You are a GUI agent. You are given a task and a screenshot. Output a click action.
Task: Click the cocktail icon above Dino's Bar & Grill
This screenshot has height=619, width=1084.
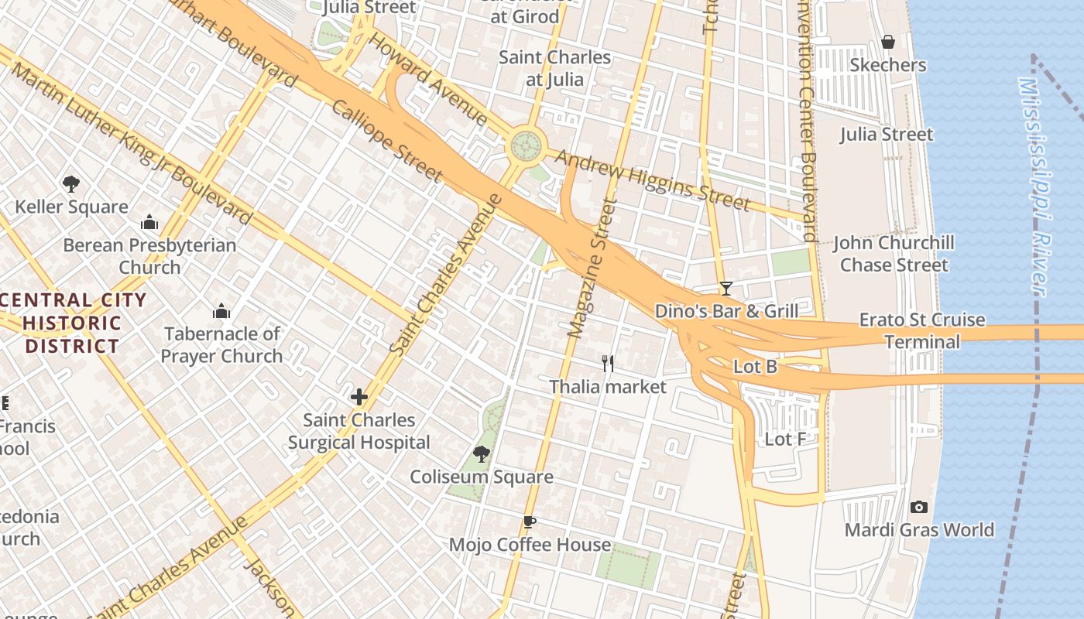pyautogui.click(x=726, y=289)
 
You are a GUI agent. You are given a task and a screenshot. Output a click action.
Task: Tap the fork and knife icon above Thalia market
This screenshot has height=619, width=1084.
pyautogui.click(x=608, y=364)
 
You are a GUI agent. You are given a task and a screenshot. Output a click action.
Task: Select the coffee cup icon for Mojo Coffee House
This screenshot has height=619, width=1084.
pyautogui.click(x=530, y=522)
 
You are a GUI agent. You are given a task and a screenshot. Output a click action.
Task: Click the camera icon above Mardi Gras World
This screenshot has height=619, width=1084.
pyautogui.click(x=919, y=508)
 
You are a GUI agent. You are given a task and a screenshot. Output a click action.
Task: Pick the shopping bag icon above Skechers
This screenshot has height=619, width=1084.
pyautogui.click(x=888, y=42)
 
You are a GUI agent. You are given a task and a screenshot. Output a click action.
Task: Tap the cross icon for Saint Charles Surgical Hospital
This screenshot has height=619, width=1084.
pyautogui.click(x=358, y=398)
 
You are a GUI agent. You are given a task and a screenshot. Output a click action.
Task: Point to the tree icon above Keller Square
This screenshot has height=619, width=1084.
pyautogui.click(x=71, y=184)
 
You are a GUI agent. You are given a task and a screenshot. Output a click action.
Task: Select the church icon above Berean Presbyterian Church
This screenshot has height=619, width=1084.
pyautogui.click(x=149, y=224)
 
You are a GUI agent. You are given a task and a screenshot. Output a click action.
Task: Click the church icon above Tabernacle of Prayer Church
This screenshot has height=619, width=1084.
pyautogui.click(x=221, y=312)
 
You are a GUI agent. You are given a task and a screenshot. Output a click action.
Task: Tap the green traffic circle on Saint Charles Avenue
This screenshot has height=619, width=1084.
pyautogui.click(x=526, y=145)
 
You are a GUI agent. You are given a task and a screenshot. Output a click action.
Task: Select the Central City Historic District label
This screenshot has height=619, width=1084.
pyautogui.click(x=74, y=323)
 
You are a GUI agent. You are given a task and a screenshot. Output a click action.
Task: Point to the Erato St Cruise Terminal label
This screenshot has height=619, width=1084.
pyautogui.click(x=921, y=330)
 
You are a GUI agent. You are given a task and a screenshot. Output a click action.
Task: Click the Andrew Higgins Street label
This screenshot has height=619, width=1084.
pyautogui.click(x=653, y=180)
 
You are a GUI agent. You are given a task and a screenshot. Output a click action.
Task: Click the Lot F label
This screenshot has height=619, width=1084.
pyautogui.click(x=785, y=439)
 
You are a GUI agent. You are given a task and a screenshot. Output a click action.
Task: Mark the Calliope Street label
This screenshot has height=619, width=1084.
pyautogui.click(x=386, y=140)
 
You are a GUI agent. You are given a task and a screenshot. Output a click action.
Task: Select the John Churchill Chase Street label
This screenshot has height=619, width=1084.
pyautogui.click(x=894, y=254)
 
